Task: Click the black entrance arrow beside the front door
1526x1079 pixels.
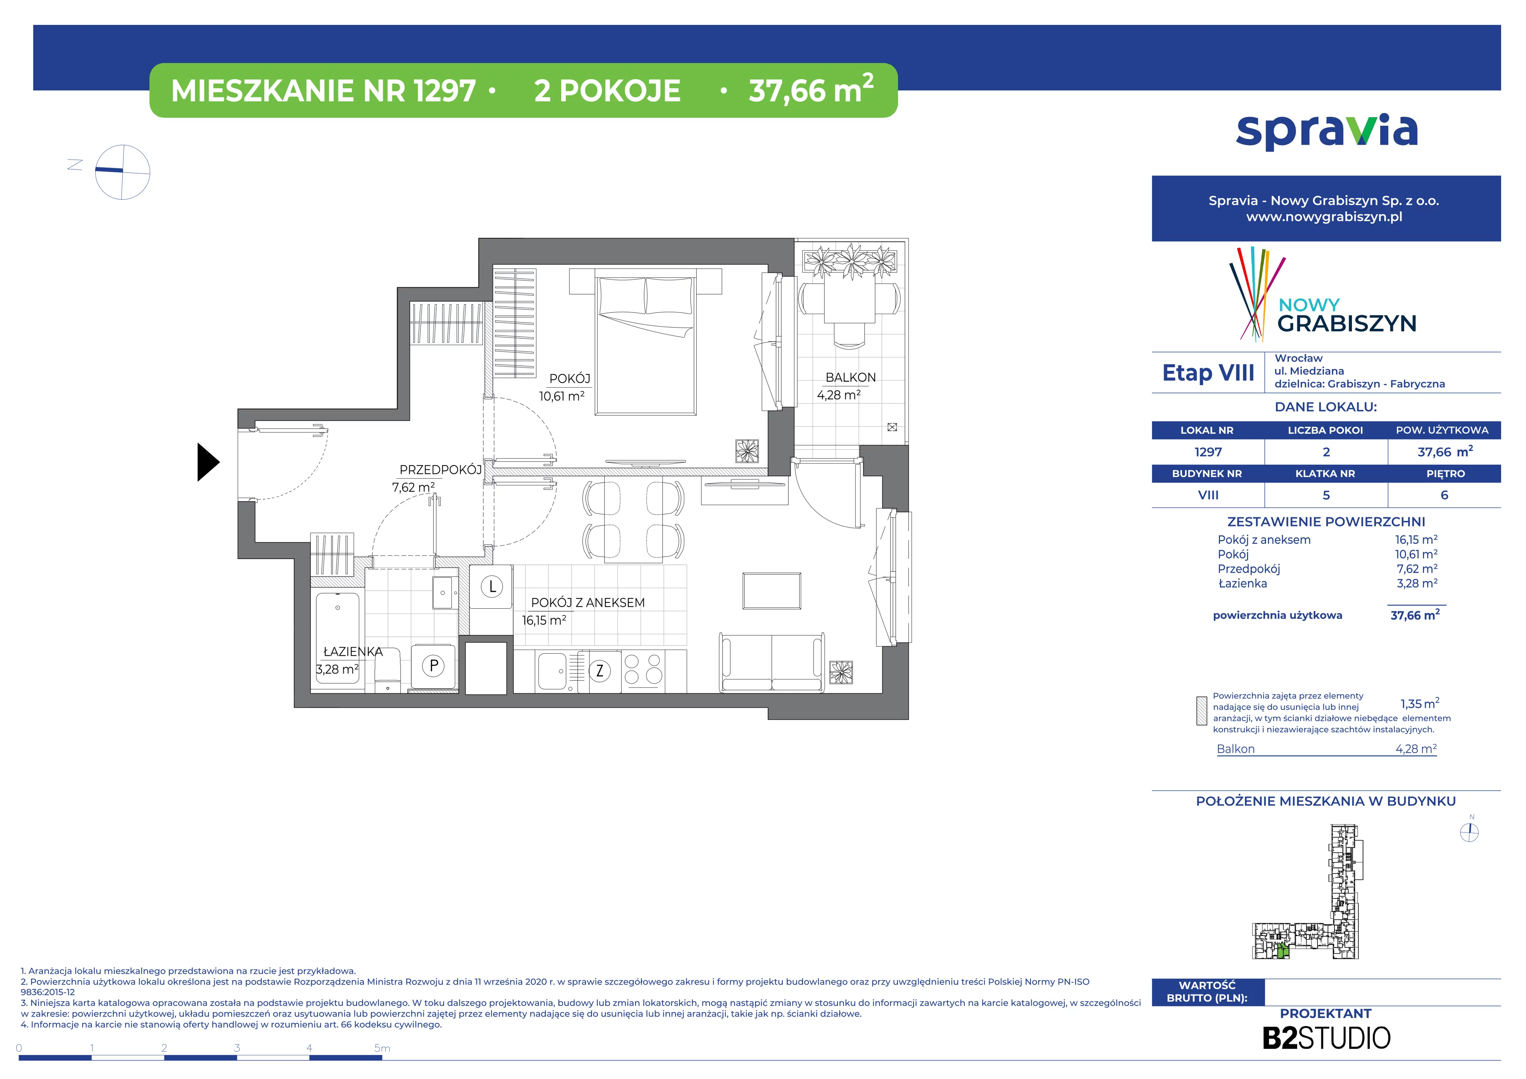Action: (x=207, y=462)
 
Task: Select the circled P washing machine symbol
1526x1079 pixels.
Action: (x=433, y=666)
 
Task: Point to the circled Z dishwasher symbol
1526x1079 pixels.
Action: (x=600, y=670)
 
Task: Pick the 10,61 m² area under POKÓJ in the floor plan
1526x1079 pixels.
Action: (x=562, y=396)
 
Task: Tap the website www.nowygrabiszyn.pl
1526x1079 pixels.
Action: (x=1324, y=217)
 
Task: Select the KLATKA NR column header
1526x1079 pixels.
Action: (x=1325, y=474)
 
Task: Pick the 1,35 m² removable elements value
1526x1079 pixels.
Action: (x=1419, y=703)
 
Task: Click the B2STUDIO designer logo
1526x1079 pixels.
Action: (x=1326, y=1038)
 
